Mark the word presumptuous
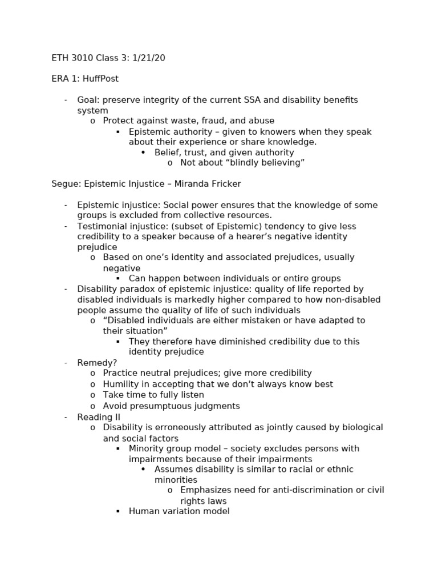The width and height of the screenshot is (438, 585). (x=159, y=406)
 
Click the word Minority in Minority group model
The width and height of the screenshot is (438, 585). (x=147, y=448)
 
